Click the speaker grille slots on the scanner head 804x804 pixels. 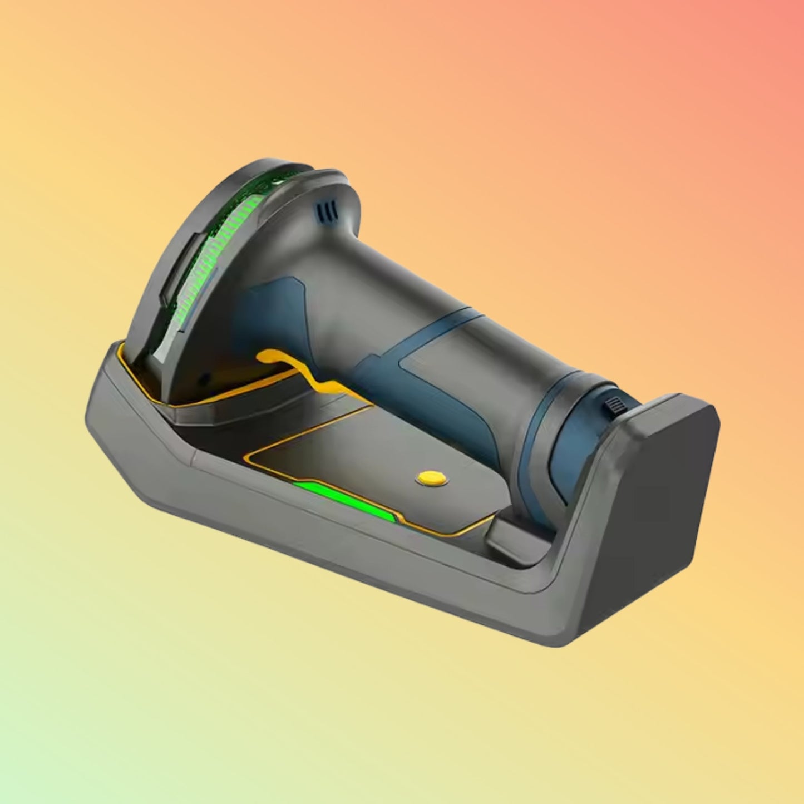pyautogui.click(x=327, y=210)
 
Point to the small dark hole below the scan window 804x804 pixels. pyautogui.click(x=204, y=378)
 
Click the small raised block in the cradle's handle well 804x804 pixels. pyautogui.click(x=509, y=537)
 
